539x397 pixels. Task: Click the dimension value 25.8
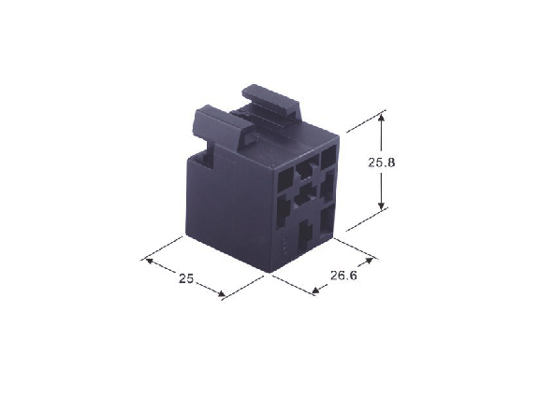382,163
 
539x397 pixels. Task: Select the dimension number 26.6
343,276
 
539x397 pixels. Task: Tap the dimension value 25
186,278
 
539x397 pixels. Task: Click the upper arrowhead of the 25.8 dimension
381,117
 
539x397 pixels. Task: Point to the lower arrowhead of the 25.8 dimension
381,206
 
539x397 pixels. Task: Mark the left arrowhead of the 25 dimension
150,262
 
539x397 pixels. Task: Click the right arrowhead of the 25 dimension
222,293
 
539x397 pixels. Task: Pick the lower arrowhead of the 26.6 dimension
315,291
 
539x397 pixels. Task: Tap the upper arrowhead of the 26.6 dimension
369,262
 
